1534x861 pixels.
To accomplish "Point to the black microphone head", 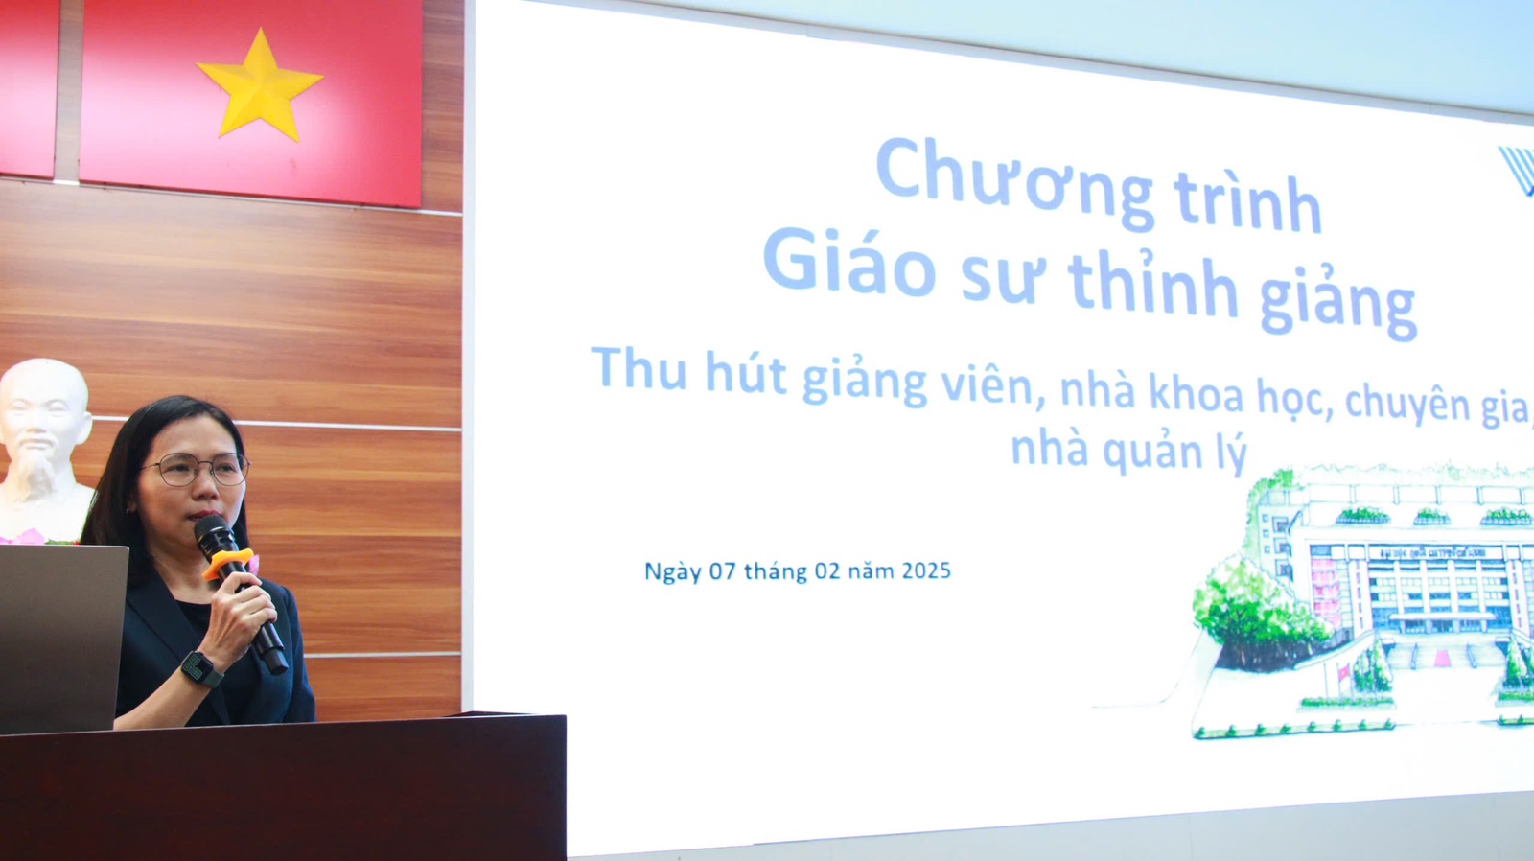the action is point(215,534).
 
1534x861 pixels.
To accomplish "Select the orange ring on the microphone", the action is point(228,563).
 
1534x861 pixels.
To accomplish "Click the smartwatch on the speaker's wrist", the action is point(200,668).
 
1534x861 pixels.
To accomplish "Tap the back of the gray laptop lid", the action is point(60,637).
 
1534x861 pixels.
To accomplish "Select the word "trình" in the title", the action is point(1247,202).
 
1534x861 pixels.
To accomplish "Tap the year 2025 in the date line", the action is point(926,570).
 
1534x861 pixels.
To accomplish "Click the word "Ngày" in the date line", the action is point(673,572).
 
